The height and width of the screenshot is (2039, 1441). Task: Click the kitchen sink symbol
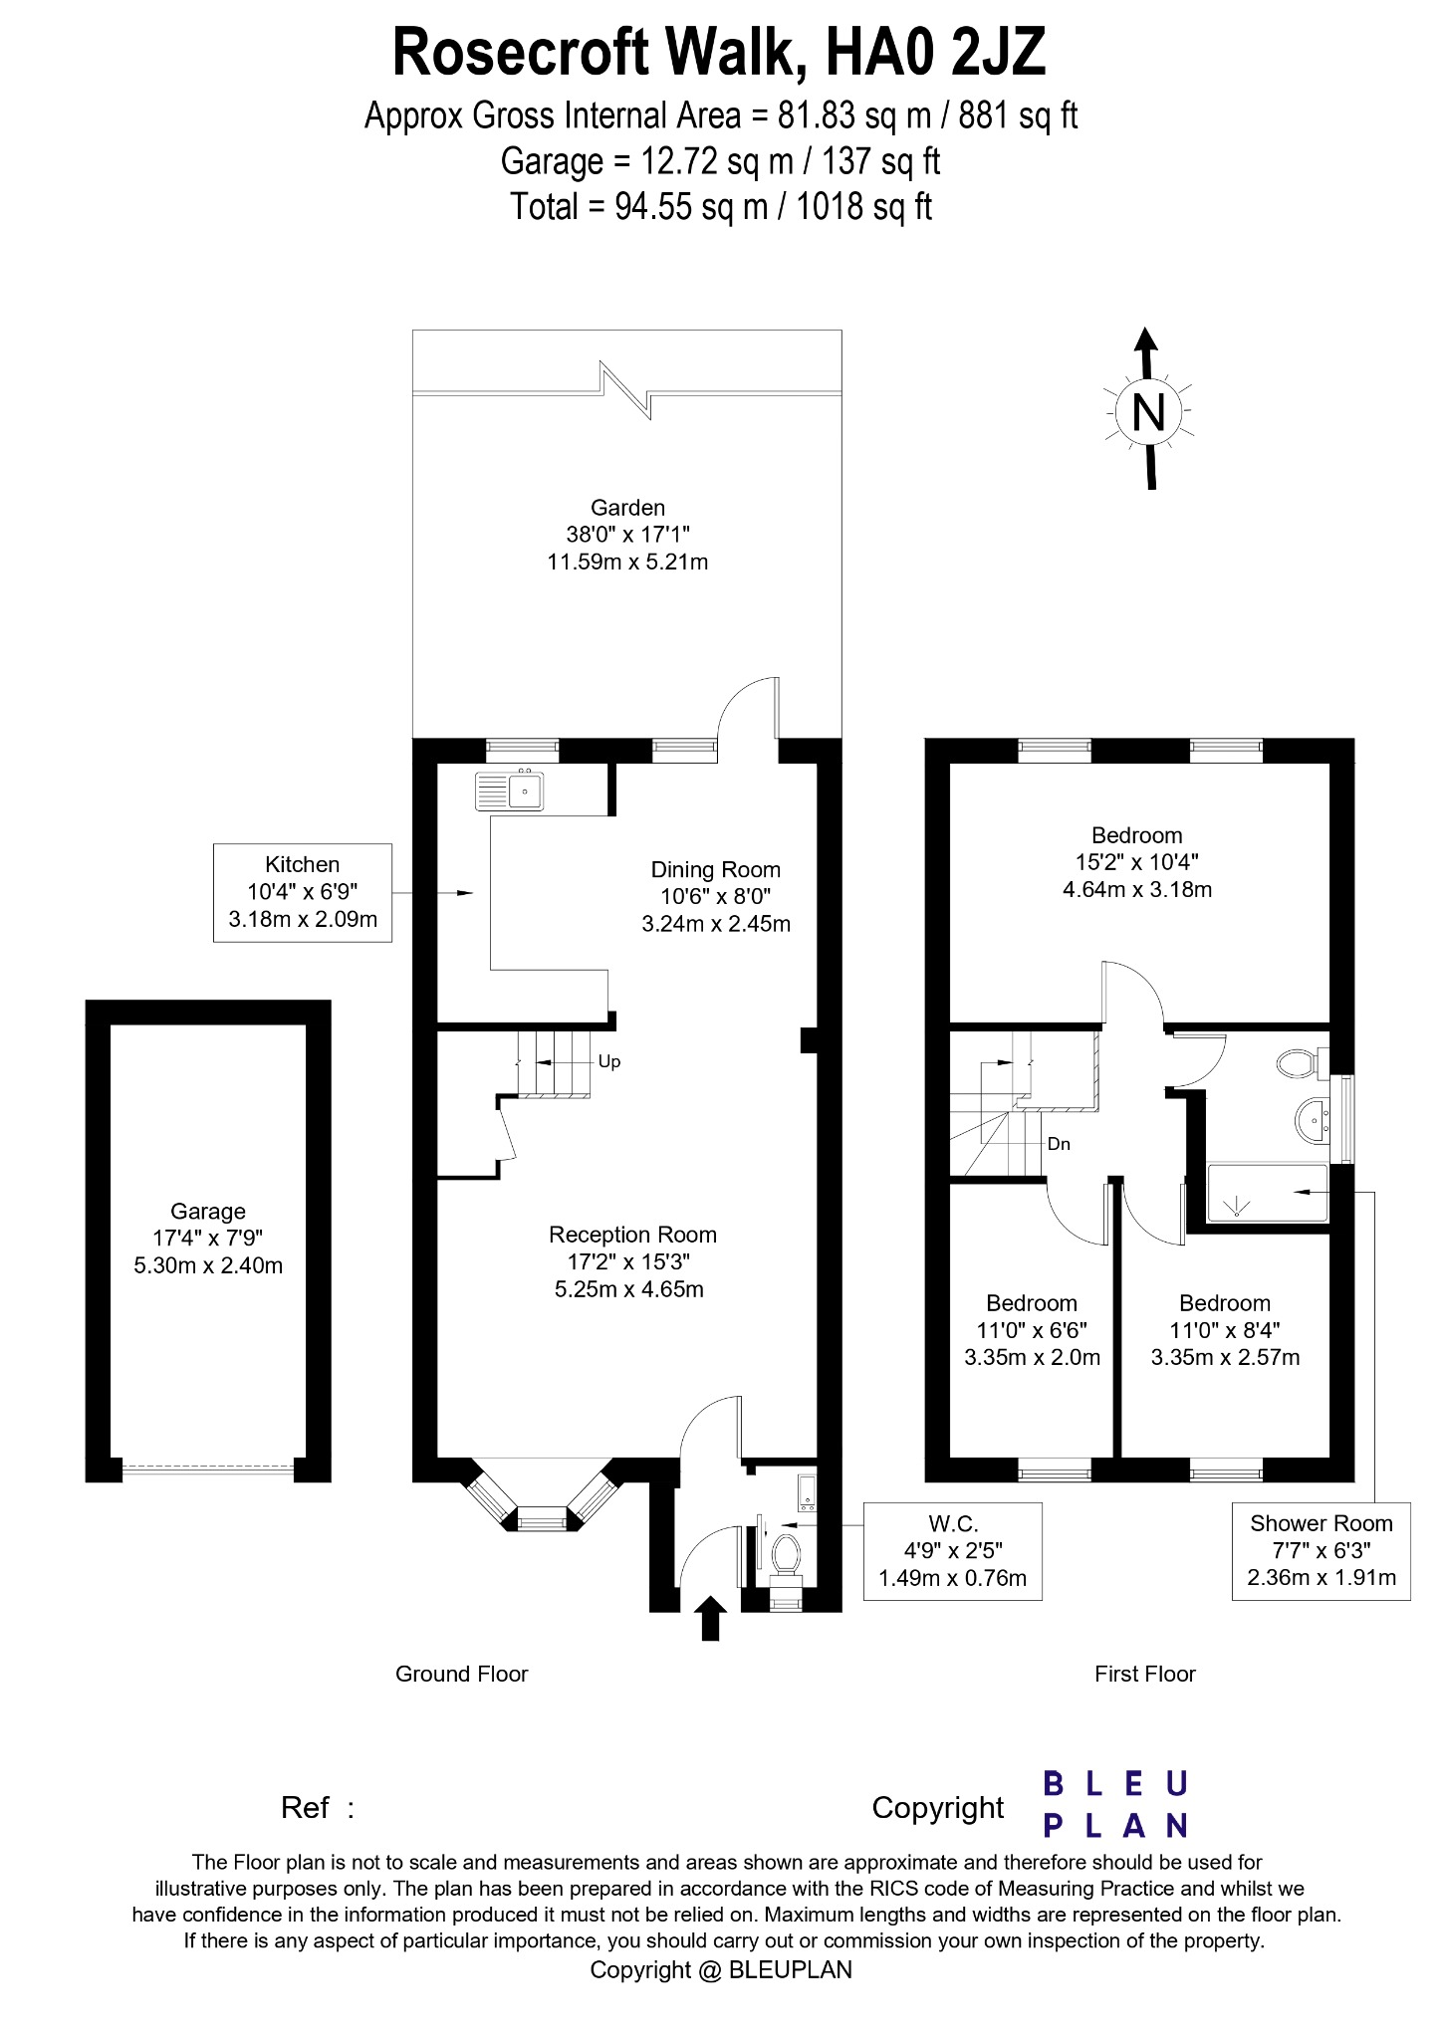pos(510,792)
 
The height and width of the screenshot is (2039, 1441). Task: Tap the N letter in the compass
pos(1148,411)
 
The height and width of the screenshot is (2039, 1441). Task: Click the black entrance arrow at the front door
pos(709,1618)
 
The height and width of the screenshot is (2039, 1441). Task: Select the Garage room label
pos(207,1239)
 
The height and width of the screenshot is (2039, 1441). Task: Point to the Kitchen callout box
pos(303,892)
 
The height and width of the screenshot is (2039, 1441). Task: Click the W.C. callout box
pos(952,1551)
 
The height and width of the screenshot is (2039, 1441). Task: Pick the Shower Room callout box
pos(1321,1550)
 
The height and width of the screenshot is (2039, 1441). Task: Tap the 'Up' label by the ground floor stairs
pos(609,1062)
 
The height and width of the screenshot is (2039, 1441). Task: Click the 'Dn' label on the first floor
pos(1059,1145)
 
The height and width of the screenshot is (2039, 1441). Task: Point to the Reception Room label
pos(632,1261)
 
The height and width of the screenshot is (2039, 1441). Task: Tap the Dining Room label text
pos(715,896)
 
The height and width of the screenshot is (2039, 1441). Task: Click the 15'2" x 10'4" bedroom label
pos(1136,862)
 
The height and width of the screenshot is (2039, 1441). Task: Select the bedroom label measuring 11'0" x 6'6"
pos(1032,1330)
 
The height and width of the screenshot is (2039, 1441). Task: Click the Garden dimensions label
pos(627,535)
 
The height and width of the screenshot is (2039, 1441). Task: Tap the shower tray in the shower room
pos(1267,1193)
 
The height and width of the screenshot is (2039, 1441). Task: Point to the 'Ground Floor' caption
pos(461,1674)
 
